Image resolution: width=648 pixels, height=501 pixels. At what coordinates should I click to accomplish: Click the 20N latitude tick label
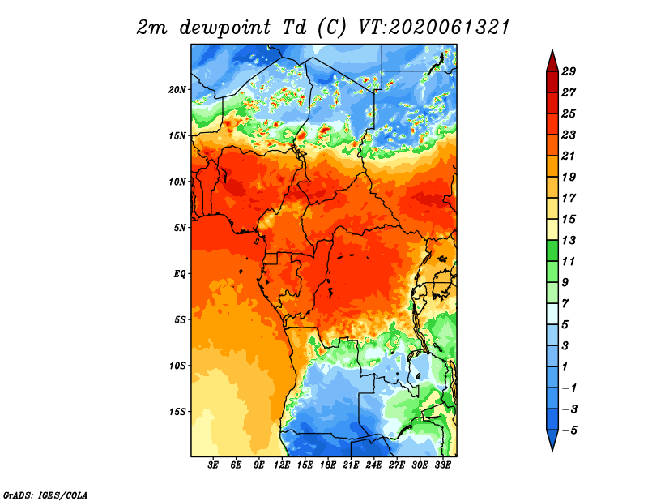point(177,90)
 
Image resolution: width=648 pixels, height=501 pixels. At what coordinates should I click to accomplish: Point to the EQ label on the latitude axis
point(180,274)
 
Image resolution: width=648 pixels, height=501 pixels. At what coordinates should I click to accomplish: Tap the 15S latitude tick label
point(177,412)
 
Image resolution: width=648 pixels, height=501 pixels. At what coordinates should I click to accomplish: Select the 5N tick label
point(180,228)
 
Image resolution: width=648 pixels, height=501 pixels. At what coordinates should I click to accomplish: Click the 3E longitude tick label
point(213,465)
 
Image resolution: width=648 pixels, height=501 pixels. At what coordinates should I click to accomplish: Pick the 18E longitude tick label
point(328,465)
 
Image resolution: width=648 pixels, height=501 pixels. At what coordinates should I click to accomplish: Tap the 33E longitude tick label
point(442,465)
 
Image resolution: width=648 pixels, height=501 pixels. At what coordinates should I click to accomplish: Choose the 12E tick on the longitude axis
point(282,465)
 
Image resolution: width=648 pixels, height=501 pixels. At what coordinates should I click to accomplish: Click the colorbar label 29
point(569,71)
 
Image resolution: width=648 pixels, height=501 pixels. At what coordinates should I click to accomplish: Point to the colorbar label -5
point(569,430)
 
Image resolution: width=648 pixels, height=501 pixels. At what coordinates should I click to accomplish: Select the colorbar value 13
point(569,240)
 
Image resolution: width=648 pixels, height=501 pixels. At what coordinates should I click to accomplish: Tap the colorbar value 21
point(569,156)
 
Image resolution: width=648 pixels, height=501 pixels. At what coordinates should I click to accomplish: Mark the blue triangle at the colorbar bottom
point(552,439)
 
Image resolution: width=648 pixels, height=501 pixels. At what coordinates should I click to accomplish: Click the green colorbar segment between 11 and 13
point(552,250)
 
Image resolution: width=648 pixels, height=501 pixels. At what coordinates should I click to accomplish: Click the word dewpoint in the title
point(225,28)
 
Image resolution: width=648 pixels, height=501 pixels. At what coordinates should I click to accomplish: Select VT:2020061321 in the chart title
point(433,28)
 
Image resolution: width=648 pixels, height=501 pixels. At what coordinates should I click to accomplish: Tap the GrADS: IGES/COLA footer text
point(45,495)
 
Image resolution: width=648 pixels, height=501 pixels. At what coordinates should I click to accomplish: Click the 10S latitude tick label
point(177,366)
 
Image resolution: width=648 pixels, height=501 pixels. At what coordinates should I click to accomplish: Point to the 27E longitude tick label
point(397,465)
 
